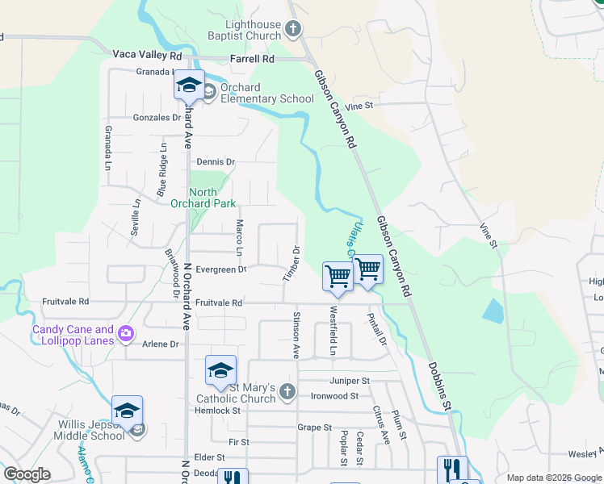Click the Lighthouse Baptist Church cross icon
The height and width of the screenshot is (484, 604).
coord(293,30)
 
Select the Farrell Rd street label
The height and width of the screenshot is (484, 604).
coord(252,59)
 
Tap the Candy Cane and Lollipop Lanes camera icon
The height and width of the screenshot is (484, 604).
coord(125,333)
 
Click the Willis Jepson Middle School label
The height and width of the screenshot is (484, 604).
coord(91,430)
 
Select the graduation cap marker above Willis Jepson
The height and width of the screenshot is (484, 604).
coord(128,411)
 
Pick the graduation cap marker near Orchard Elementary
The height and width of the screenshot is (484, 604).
coord(188,85)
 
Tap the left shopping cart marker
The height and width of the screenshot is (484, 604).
coord(338,276)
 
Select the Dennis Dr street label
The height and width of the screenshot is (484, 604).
coord(215,162)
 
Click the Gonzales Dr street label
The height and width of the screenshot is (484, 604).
coord(157,117)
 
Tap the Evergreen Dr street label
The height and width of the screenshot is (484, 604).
coord(219,269)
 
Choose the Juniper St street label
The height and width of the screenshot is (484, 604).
coord(349,381)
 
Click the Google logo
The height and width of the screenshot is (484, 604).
coord(27,474)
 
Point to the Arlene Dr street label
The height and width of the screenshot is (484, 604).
coord(160,344)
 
